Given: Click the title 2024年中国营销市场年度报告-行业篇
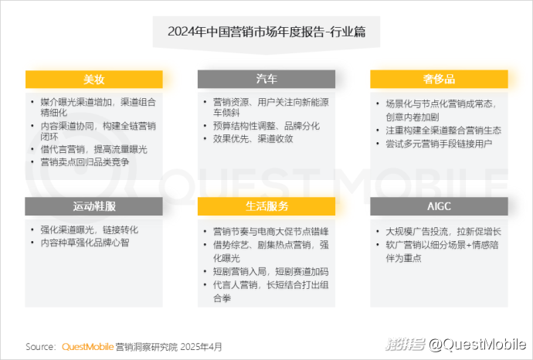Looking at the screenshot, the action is pyautogui.click(x=266, y=32).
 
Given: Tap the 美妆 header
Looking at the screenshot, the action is pyautogui.click(x=93, y=80).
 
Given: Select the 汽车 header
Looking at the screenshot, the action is pyautogui.click(x=266, y=80).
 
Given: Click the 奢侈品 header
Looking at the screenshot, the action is pyautogui.click(x=439, y=80).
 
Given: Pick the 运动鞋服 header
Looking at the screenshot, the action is pyautogui.click(x=93, y=206).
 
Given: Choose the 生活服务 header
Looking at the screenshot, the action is pyautogui.click(x=266, y=206).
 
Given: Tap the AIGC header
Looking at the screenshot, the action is pyautogui.click(x=439, y=206).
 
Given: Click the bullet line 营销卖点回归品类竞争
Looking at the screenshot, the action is pyautogui.click(x=85, y=162).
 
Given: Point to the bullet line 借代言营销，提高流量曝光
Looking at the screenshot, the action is pyautogui.click(x=93, y=149).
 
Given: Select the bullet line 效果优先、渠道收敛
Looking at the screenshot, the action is pyautogui.click(x=253, y=139).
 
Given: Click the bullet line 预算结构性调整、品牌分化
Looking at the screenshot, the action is pyautogui.click(x=266, y=126).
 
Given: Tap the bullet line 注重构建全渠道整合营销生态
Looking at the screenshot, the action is pyautogui.click(x=443, y=131).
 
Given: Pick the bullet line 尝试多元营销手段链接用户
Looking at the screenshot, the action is pyautogui.click(x=439, y=144).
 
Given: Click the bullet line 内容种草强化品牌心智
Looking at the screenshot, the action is pyautogui.click(x=85, y=243).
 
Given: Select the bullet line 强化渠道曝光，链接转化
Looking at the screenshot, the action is pyautogui.click(x=90, y=229).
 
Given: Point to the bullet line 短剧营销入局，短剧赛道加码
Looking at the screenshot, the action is pyautogui.click(x=270, y=272).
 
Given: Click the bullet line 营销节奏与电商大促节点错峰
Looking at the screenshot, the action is pyautogui.click(x=270, y=232).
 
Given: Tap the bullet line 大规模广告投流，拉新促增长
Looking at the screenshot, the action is pyautogui.click(x=443, y=232).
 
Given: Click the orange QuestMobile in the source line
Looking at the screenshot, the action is pyautogui.click(x=88, y=347).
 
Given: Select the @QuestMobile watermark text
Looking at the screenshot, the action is pyautogui.click(x=477, y=345).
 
